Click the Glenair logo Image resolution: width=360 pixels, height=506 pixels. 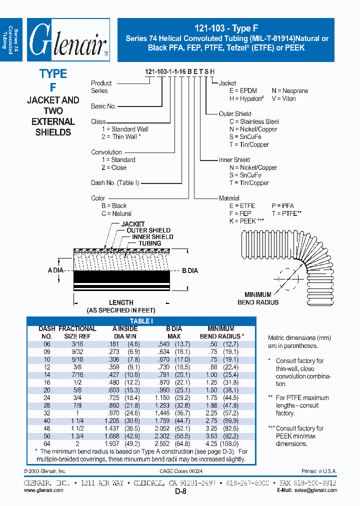point(68,40)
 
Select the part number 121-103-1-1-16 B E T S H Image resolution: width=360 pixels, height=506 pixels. point(179,72)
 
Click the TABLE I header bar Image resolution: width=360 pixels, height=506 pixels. point(141,321)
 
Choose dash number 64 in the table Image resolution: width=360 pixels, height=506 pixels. point(46,443)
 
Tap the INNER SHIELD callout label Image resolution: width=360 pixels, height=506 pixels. point(152,237)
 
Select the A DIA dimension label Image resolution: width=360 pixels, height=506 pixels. point(56,270)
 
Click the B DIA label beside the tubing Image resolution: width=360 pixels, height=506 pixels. point(190,270)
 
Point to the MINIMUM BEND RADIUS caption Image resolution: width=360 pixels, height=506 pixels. point(258,298)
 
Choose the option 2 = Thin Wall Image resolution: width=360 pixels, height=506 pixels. point(121,136)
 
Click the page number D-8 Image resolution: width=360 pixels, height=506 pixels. point(180,492)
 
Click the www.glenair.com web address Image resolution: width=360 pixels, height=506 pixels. point(43,490)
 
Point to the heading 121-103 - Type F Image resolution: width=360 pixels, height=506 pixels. point(226,28)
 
